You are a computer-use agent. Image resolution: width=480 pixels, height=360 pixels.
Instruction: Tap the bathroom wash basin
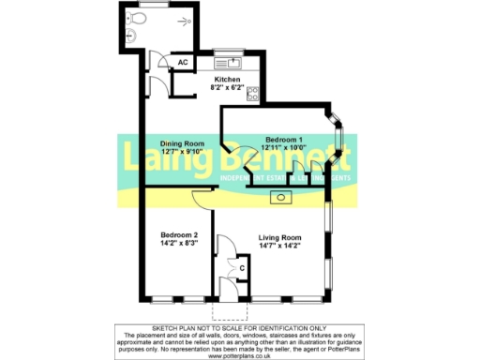pos(130,35)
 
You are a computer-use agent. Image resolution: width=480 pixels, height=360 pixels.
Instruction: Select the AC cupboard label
pos(184,63)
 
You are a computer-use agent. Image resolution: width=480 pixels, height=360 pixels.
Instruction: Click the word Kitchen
pos(228,80)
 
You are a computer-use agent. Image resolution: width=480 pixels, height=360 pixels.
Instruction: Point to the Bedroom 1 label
pos(283,138)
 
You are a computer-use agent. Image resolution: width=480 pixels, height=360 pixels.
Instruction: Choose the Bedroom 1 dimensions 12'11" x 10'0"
pos(283,146)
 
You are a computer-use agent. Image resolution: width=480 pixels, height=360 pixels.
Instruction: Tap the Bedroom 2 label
pos(178,234)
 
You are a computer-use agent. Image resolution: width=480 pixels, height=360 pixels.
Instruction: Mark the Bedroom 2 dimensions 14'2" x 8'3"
pos(178,243)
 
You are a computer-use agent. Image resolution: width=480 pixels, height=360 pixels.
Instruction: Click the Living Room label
pos(278,238)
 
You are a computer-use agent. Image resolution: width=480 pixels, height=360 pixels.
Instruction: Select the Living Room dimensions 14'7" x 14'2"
pos(278,247)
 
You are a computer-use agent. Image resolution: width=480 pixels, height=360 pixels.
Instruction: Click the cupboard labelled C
pos(241,268)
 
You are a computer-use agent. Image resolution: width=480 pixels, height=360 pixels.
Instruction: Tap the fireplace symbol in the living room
pos(280,197)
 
